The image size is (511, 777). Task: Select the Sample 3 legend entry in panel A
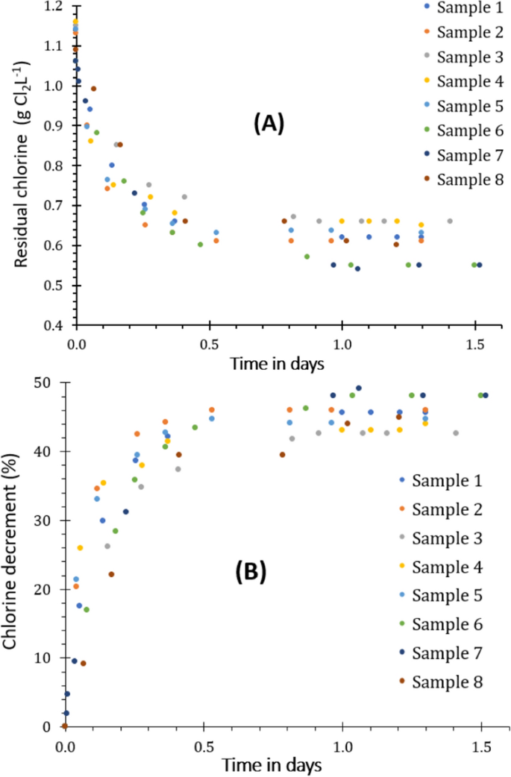(x=463, y=57)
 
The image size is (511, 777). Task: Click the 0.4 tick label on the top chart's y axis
(x=58, y=326)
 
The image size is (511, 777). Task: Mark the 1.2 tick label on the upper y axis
(x=58, y=6)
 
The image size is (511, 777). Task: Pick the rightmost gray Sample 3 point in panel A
(x=450, y=221)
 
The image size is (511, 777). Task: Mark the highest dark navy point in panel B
(x=359, y=388)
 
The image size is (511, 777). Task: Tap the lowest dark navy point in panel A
(x=357, y=268)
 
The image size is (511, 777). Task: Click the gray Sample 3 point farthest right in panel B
(x=456, y=433)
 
